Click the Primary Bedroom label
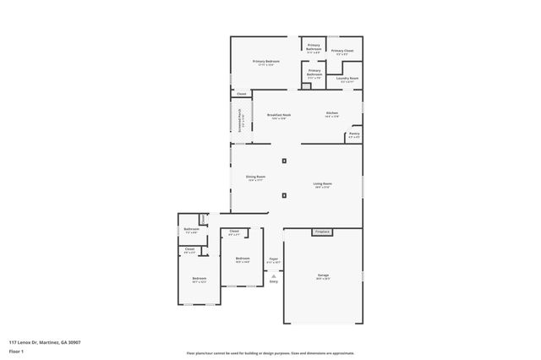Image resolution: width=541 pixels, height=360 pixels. coord(266,62)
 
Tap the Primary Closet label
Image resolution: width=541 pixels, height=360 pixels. coord(342,51)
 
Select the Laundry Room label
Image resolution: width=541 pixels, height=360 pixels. coord(347,79)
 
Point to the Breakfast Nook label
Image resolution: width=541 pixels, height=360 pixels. coord(279,115)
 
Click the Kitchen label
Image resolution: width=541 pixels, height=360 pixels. coord(332,114)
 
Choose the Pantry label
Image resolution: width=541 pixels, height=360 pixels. coord(354,134)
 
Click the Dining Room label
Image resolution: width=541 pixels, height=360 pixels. coord(256,177)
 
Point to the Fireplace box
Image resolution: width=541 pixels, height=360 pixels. coord(321,232)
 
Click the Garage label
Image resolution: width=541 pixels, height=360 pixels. coord(322,275)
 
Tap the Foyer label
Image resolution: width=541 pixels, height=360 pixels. coord(274,259)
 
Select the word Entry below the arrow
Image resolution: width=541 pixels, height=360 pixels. coord(273,281)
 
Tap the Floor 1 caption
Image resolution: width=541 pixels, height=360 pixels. coord(16,350)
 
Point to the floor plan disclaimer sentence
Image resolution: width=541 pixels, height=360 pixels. coord(270,352)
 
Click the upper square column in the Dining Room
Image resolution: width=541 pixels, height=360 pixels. coord(284,161)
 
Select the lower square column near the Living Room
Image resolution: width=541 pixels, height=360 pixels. coord(284,195)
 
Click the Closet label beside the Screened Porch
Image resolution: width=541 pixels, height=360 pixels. coord(241,94)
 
